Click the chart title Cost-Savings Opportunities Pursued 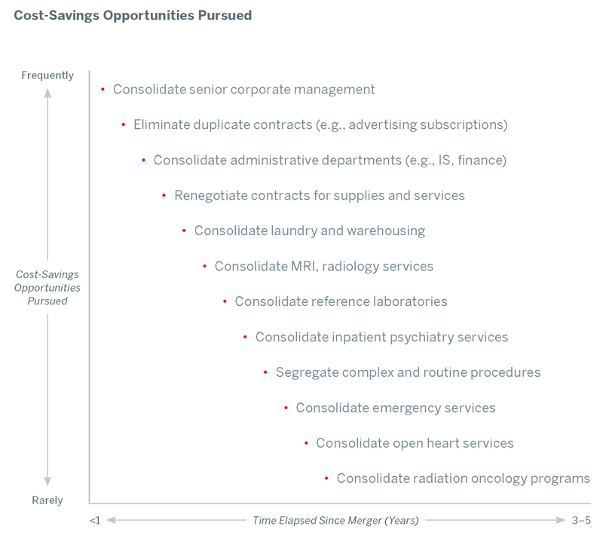point(133,15)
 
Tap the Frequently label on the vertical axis point(47,75)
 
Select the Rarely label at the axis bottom point(47,500)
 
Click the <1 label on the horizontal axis point(94,520)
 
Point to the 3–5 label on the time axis point(582,520)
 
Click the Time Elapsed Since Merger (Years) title point(335,520)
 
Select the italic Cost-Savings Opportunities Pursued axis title point(47,288)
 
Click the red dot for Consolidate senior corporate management point(103,90)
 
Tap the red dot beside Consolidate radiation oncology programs point(326,478)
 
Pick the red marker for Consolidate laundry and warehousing point(184,231)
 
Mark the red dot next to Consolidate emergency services point(286,408)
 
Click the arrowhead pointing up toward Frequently point(47,93)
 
